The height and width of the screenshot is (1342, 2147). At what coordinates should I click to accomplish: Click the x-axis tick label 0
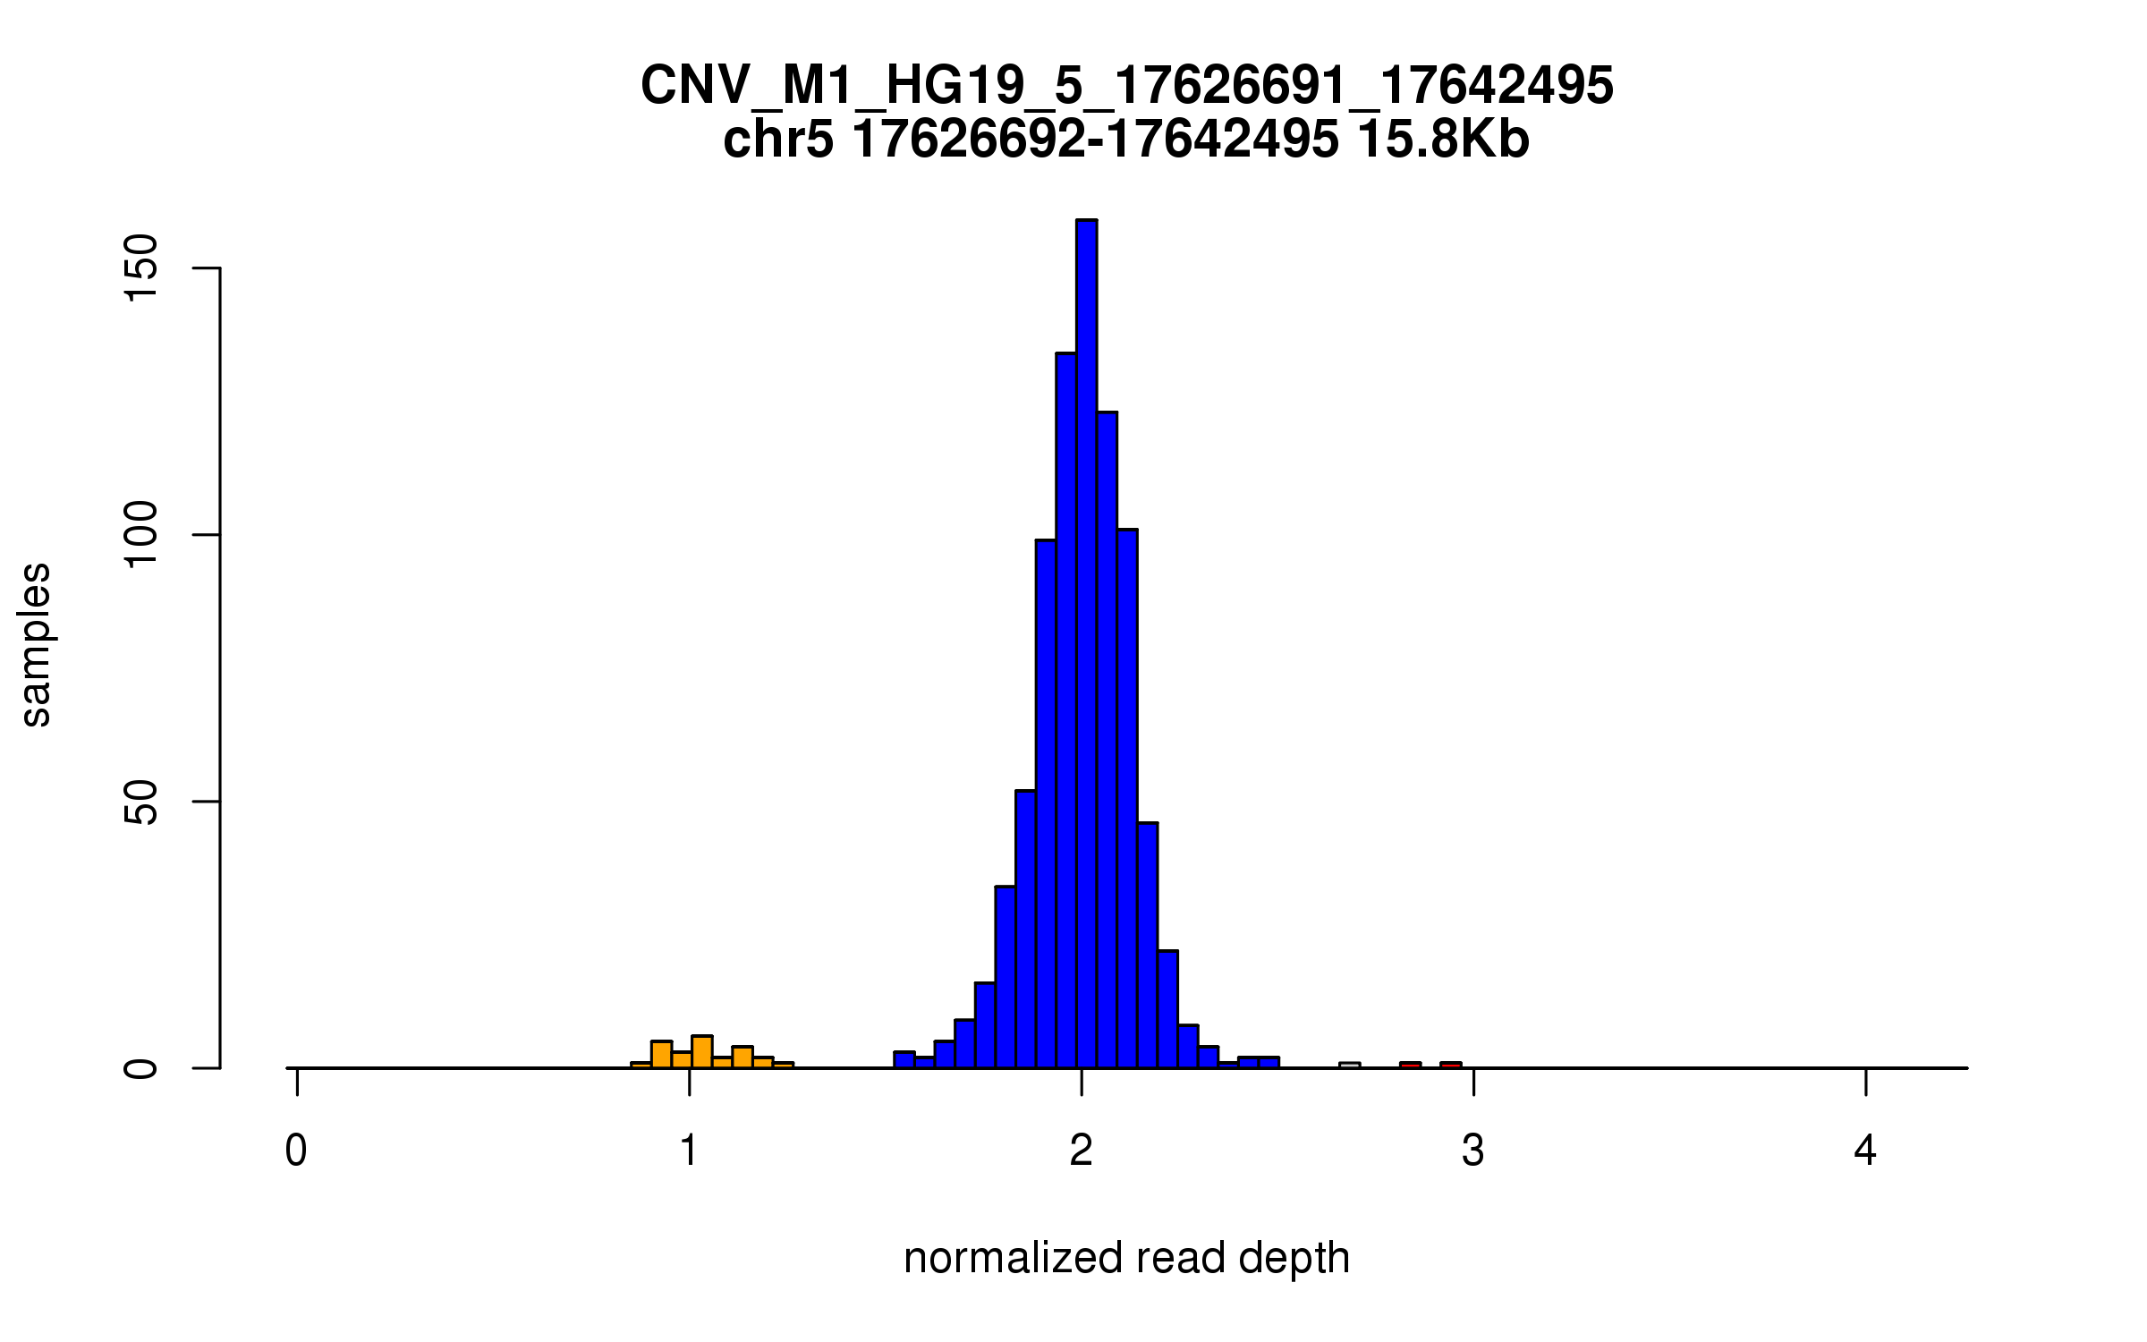pyautogui.click(x=296, y=1151)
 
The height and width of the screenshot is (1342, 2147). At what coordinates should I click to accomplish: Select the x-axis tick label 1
pyautogui.click(x=689, y=1151)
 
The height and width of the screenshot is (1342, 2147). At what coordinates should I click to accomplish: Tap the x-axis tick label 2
pyautogui.click(x=1081, y=1151)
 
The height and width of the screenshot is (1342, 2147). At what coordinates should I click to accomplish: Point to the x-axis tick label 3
pyautogui.click(x=1473, y=1151)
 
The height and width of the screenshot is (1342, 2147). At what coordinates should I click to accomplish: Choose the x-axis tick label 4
pyautogui.click(x=1865, y=1151)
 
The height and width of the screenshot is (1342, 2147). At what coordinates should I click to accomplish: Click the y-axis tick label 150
pyautogui.click(x=141, y=268)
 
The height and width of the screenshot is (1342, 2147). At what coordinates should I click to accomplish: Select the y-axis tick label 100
pyautogui.click(x=141, y=535)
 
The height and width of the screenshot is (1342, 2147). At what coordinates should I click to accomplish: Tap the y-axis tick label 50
pyautogui.click(x=141, y=802)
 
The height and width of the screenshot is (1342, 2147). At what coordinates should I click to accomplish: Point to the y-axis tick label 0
pyautogui.click(x=141, y=1068)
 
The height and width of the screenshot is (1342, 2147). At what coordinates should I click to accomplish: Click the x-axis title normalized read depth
pyautogui.click(x=1126, y=1258)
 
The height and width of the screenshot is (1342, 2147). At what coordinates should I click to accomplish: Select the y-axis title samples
pyautogui.click(x=36, y=644)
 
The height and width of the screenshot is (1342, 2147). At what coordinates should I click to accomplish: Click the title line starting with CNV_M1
pyautogui.click(x=1126, y=86)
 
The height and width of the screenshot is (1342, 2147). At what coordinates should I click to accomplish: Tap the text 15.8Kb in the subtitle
pyautogui.click(x=1442, y=140)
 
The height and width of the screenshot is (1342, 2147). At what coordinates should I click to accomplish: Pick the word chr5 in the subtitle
pyautogui.click(x=777, y=140)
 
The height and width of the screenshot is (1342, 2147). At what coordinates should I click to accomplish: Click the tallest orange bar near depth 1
pyautogui.click(x=702, y=1052)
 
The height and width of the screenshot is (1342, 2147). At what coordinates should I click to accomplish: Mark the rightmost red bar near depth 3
pyautogui.click(x=1450, y=1065)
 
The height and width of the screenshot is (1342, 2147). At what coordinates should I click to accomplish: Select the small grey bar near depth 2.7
pyautogui.click(x=1349, y=1065)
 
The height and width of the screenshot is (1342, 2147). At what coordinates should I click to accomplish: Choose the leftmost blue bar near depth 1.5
pyautogui.click(x=904, y=1060)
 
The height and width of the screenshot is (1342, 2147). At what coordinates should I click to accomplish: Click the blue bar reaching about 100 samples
pyautogui.click(x=1046, y=805)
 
